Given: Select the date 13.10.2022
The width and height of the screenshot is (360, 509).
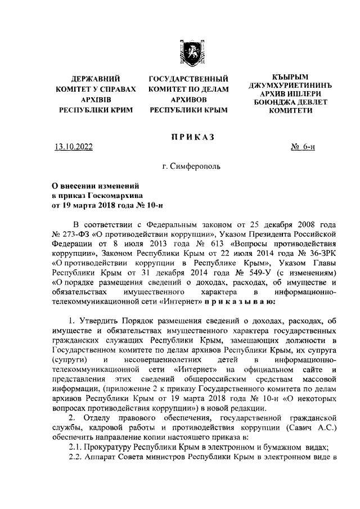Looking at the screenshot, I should [x=73, y=148].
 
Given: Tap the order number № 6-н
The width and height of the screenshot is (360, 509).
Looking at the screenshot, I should [x=303, y=148].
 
